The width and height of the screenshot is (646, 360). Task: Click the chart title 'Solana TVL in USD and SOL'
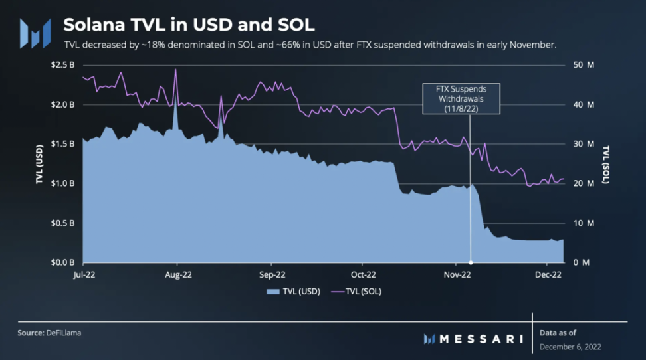pyautogui.click(x=189, y=25)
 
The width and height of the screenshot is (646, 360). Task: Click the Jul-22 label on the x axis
pyautogui.click(x=83, y=274)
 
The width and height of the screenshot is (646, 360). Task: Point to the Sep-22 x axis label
pyautogui.click(x=271, y=274)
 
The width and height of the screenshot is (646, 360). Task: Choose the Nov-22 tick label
pyautogui.click(x=457, y=274)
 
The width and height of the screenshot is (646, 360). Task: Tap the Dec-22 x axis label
pyautogui.click(x=550, y=274)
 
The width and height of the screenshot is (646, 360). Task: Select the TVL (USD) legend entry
pyautogui.click(x=293, y=291)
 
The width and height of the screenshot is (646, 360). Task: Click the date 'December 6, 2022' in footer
pyautogui.click(x=571, y=347)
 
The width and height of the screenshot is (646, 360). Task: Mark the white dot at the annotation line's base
pyautogui.click(x=471, y=262)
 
